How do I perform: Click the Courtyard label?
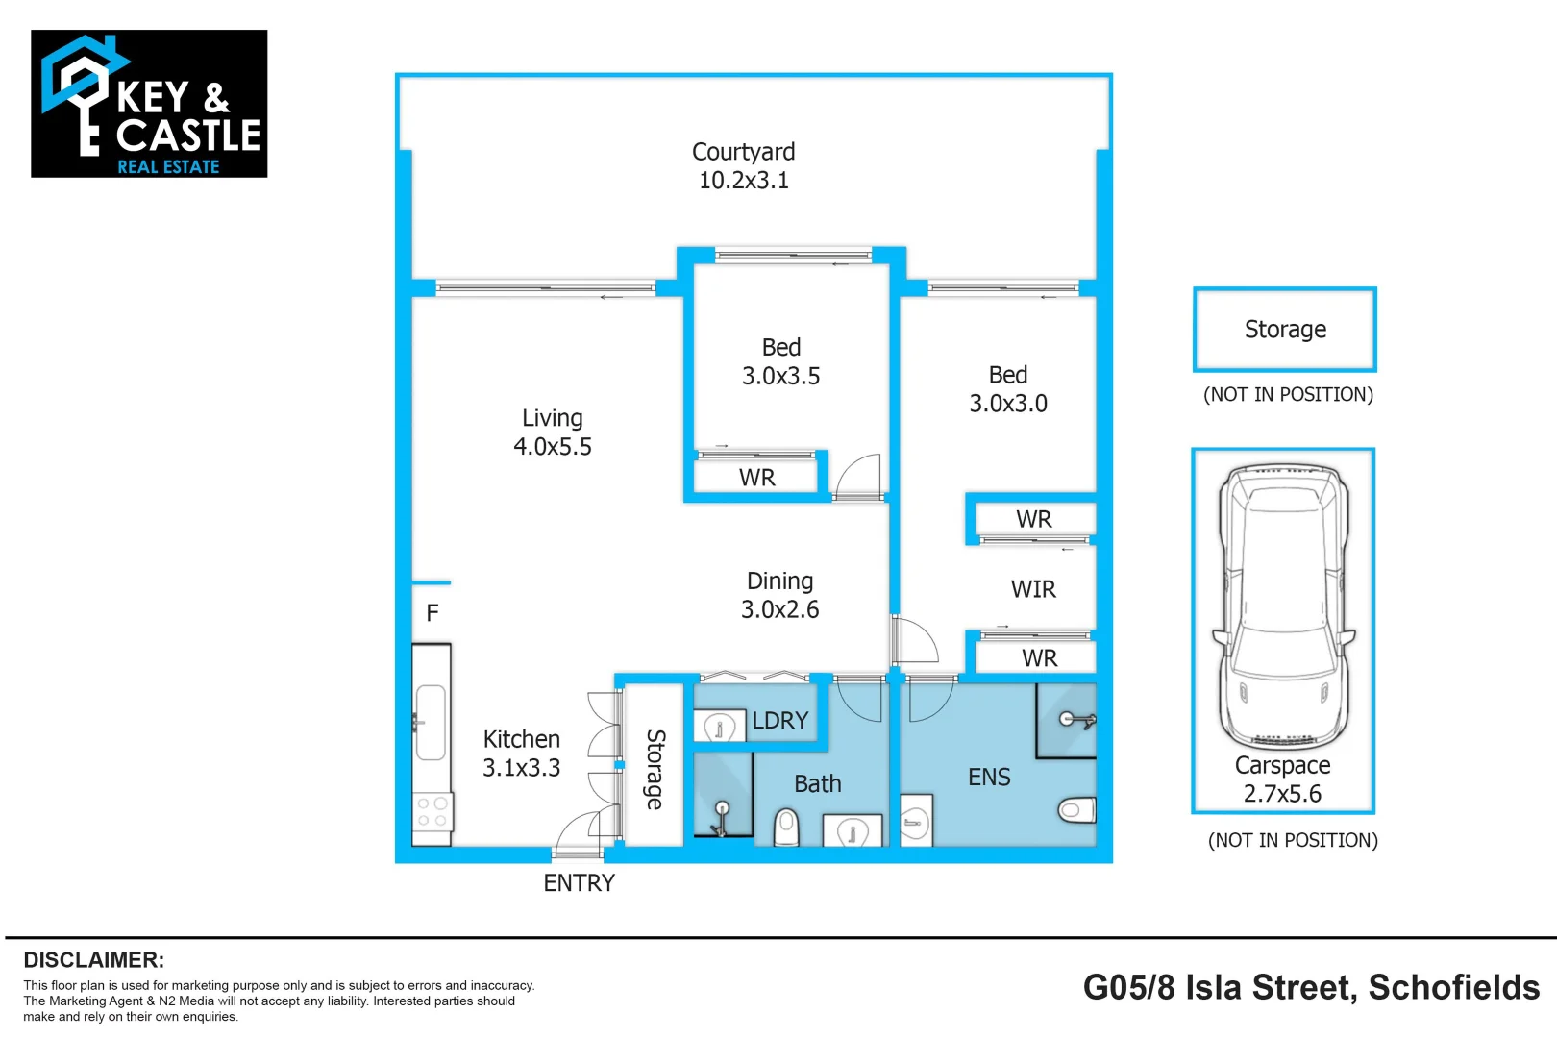[x=743, y=165]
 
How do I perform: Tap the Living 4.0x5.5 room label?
[x=553, y=432]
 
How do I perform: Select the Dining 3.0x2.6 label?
[x=779, y=595]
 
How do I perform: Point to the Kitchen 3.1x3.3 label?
[x=521, y=753]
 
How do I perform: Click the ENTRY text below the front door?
[x=579, y=883]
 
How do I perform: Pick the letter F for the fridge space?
[x=432, y=612]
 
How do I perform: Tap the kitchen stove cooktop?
[x=432, y=812]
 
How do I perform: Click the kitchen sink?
[x=431, y=723]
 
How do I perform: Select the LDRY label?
[x=780, y=720]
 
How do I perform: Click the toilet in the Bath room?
[x=786, y=827]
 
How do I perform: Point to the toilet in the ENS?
[x=1076, y=810]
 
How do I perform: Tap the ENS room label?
[x=989, y=777]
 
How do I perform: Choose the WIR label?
[x=1033, y=589]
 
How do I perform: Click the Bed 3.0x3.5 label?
[x=780, y=361]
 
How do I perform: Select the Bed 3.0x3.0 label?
[x=1008, y=388]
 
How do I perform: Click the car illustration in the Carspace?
[x=1283, y=607]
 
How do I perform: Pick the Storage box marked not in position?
[x=1284, y=330]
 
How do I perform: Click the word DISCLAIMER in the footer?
[x=94, y=960]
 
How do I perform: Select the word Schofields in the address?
[x=1454, y=988]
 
